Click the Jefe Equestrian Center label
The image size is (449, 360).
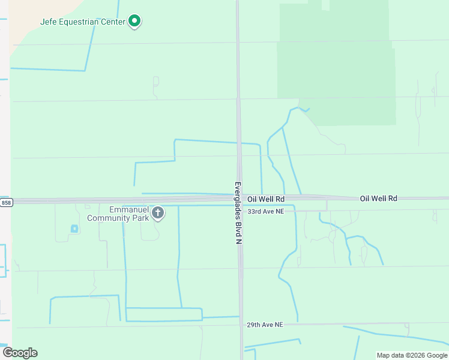[x=83, y=22]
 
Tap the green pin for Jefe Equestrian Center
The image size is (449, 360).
[x=135, y=22]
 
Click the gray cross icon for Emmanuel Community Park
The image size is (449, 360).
[x=158, y=212]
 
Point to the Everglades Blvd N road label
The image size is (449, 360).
[x=238, y=212]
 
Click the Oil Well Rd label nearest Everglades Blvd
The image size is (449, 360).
[x=266, y=199]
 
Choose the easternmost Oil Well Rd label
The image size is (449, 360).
[x=379, y=198]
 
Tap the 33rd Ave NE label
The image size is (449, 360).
[x=265, y=211]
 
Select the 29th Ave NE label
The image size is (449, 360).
[x=265, y=325]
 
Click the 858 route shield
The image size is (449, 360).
[x=6, y=203]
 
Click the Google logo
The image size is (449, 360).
[x=20, y=353]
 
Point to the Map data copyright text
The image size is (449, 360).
[x=411, y=355]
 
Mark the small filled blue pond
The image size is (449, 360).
[x=74, y=229]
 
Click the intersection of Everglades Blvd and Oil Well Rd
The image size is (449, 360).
[x=240, y=199]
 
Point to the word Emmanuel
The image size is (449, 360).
[x=128, y=209]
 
